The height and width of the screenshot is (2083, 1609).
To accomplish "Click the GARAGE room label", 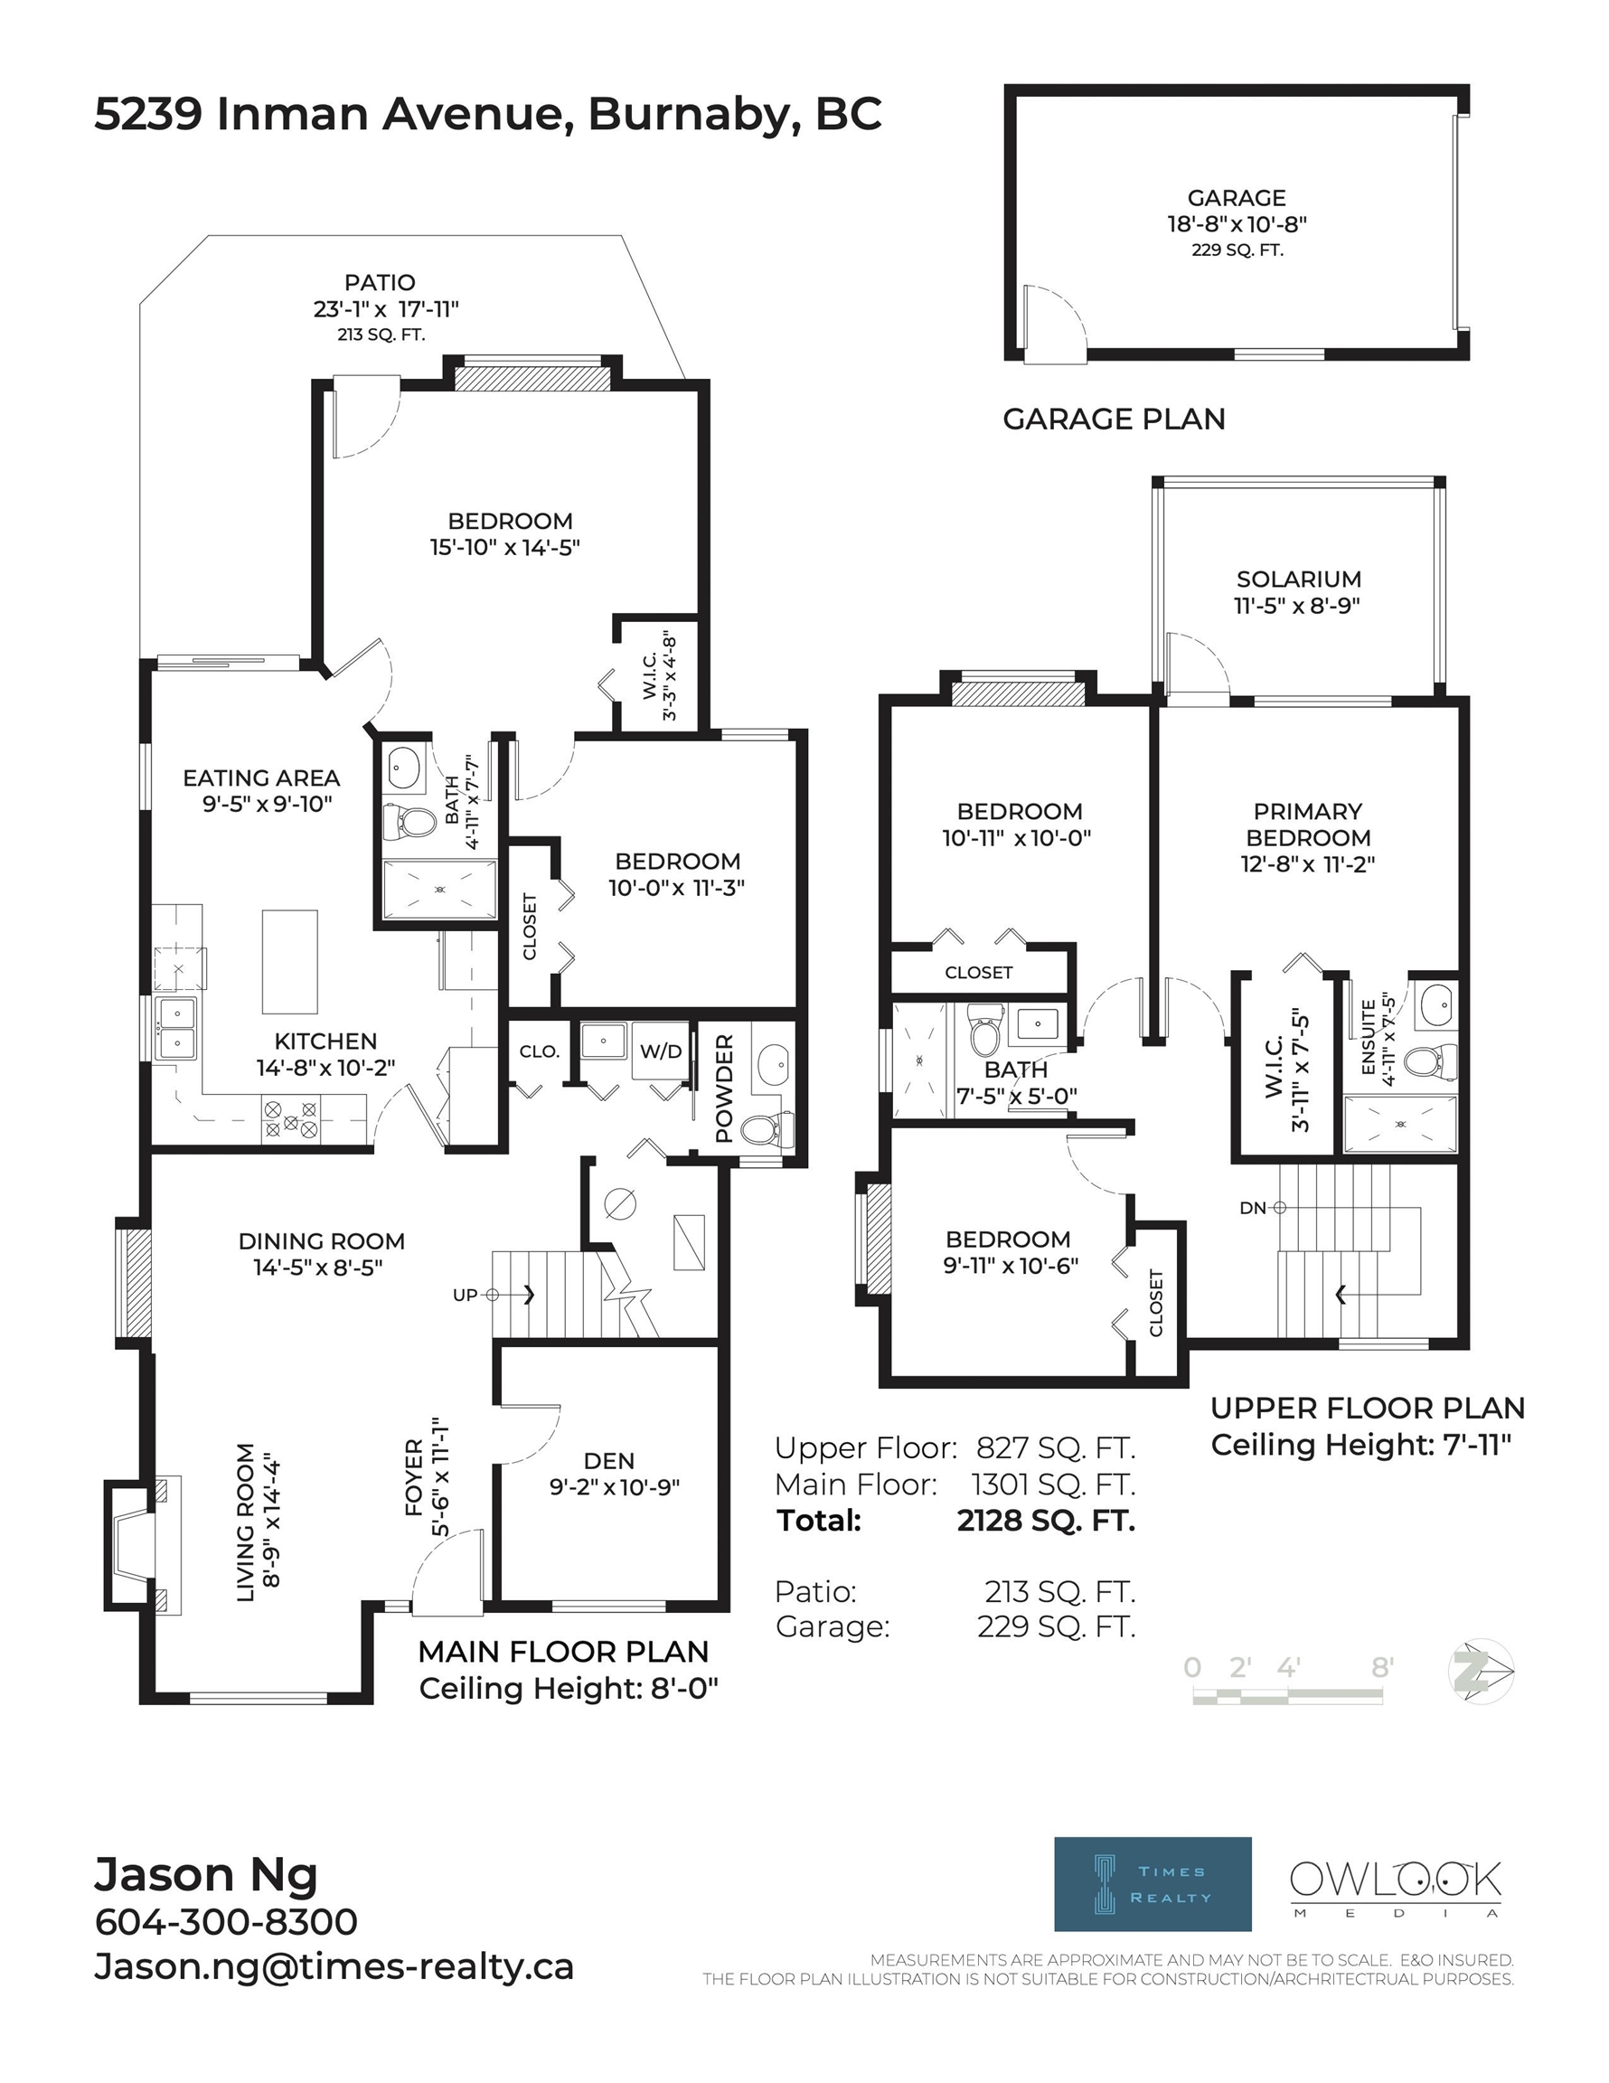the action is tap(1236, 197).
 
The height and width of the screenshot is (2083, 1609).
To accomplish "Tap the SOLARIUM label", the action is tap(1298, 579).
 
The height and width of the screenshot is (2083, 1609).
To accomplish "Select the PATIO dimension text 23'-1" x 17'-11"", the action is tap(385, 309).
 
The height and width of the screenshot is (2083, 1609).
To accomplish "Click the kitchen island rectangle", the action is tap(290, 961).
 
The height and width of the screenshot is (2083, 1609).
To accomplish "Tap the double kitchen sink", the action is tap(176, 1028).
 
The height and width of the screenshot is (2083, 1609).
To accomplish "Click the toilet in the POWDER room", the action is tap(766, 1129).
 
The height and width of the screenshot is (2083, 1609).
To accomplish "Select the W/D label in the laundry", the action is tap(660, 1051).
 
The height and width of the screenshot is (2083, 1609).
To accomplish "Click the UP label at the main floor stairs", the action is tap(465, 1296).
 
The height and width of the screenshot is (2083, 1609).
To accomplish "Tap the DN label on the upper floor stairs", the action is tap(1251, 1208).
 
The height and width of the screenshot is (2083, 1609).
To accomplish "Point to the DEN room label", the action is tap(608, 1461).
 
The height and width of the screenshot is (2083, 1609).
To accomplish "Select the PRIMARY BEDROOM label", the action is tap(1308, 824).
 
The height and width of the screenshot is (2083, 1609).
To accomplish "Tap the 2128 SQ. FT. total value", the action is tap(1046, 1521).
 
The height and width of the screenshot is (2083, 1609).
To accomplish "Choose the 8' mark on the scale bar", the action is tap(1383, 1666).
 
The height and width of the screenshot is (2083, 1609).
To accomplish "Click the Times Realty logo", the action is tap(1153, 1884).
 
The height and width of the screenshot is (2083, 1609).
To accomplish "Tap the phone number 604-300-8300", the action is tap(226, 1922).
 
